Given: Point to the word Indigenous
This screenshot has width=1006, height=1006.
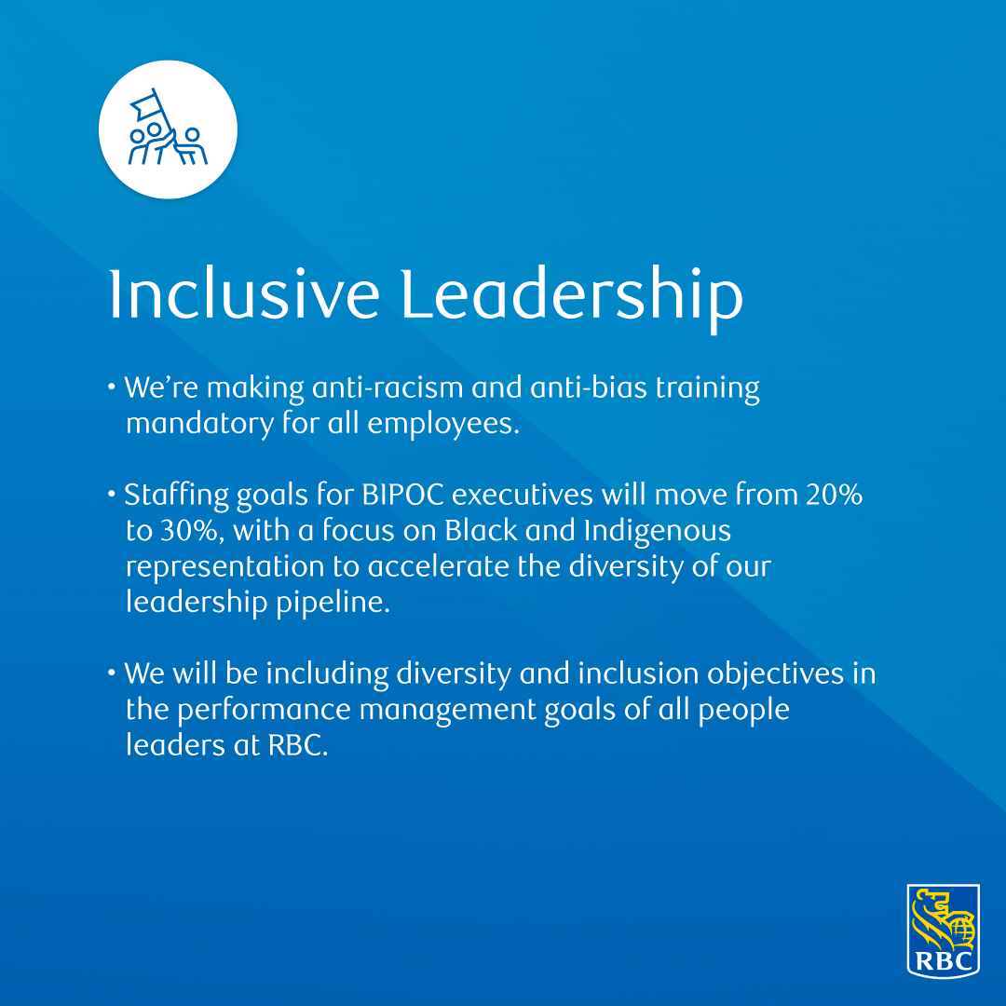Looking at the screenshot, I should tap(657, 531).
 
